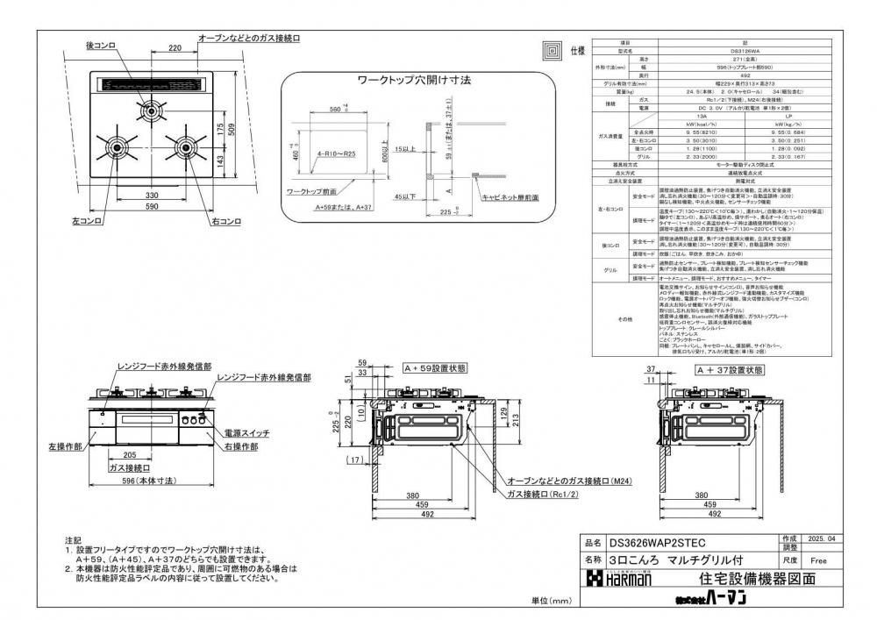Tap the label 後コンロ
(x=102, y=44)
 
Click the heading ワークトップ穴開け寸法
(x=414, y=80)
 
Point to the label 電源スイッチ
(x=247, y=433)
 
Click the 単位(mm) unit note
(x=551, y=601)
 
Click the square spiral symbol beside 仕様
(x=553, y=50)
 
